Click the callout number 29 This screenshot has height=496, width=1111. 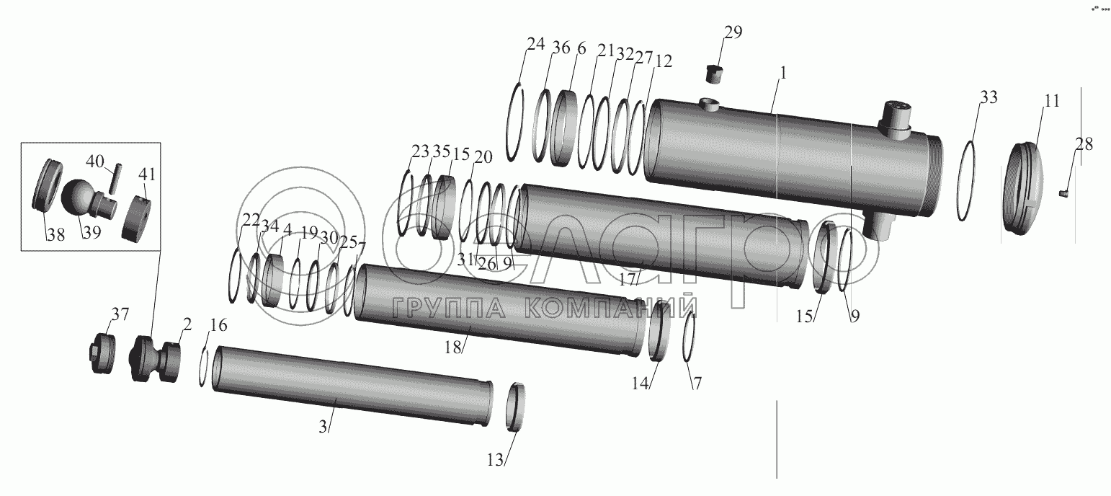click(733, 32)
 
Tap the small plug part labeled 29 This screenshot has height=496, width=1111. click(714, 75)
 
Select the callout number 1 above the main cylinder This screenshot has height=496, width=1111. click(783, 74)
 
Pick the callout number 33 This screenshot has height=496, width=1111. click(989, 97)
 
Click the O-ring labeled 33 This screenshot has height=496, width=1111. click(965, 181)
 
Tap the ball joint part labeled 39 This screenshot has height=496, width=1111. click(89, 198)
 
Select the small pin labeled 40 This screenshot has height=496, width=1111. click(115, 178)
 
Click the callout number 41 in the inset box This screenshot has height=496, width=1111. click(147, 174)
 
